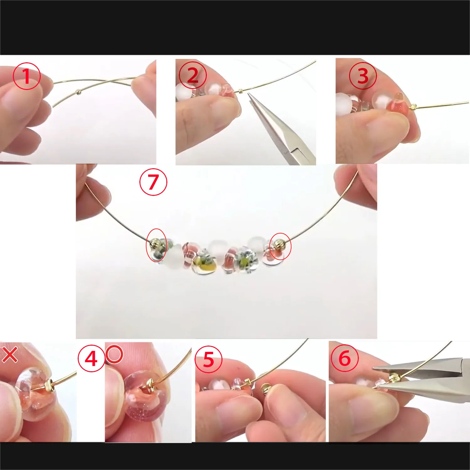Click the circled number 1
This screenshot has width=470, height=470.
(x=27, y=76)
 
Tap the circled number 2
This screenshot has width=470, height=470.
(x=192, y=75)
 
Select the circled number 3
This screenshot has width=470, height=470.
(x=363, y=76)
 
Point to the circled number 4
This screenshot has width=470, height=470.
(x=91, y=358)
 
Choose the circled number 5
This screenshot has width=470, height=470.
(x=208, y=359)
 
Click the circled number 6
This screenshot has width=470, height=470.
(x=345, y=358)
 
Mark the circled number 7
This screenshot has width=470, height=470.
(x=153, y=182)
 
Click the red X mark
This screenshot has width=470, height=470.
(x=10, y=355)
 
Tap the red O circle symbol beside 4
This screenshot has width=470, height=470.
(x=114, y=354)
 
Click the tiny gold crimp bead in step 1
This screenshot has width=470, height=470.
(x=78, y=92)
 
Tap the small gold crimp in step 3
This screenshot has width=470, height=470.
(x=413, y=107)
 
